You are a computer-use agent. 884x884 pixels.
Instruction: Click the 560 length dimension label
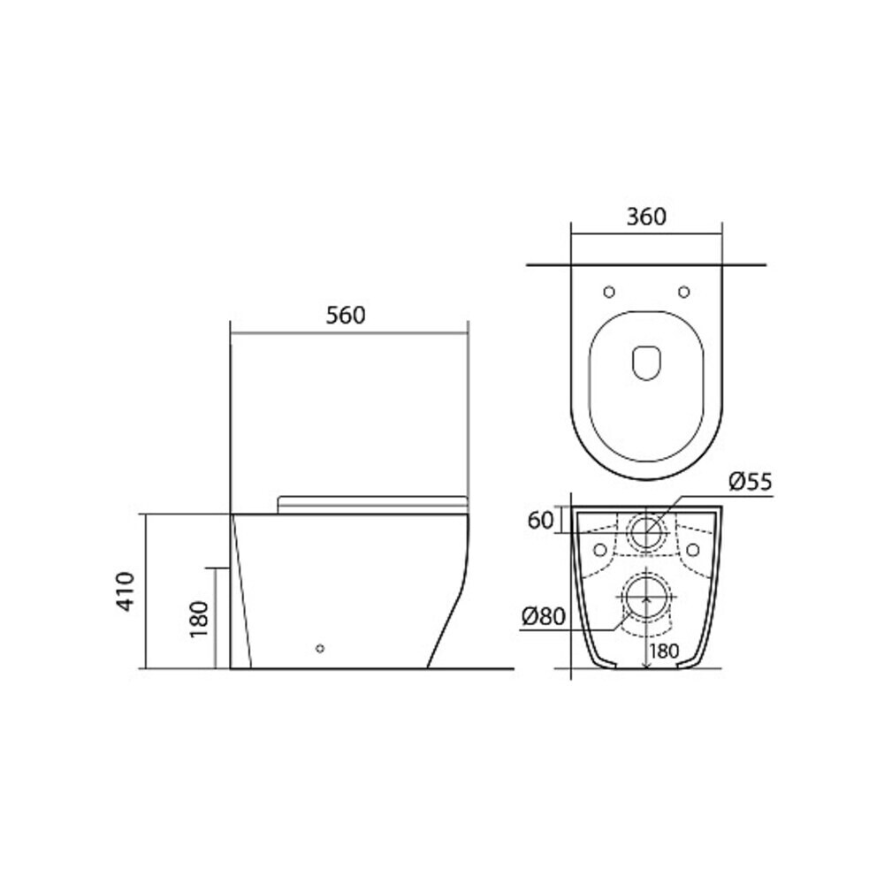[346, 316]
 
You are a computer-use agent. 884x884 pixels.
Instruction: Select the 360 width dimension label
[646, 217]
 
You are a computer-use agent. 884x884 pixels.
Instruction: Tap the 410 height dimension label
[126, 591]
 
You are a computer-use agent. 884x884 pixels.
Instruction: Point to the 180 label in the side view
[199, 619]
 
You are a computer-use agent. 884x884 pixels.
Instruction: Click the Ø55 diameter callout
[750, 482]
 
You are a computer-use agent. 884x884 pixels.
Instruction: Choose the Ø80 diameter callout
[543, 616]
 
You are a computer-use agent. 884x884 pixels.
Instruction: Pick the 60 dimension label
[540, 521]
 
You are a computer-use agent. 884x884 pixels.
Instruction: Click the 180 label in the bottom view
[664, 652]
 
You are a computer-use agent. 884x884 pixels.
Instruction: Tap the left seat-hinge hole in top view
[609, 292]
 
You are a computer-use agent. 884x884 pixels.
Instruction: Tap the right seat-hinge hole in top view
[684, 292]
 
